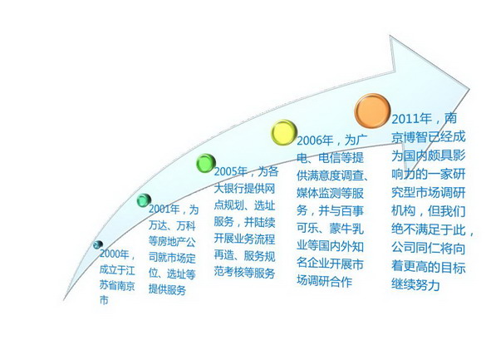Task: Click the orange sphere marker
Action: point(372,111)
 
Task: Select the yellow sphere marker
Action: point(283,132)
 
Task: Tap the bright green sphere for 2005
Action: point(206,163)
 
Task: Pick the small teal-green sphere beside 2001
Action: point(144,200)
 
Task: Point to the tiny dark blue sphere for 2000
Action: point(98,244)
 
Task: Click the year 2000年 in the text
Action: point(115,254)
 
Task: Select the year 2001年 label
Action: point(164,209)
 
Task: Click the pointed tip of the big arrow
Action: point(469,89)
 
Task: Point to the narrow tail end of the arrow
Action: point(64,299)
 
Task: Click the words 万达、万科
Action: point(172,225)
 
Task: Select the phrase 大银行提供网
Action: point(244,189)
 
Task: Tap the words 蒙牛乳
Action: point(346,228)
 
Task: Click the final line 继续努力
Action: point(415,285)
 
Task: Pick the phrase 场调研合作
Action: point(324,281)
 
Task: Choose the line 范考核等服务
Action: point(244,272)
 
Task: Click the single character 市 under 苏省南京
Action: point(104,300)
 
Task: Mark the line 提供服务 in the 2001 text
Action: point(167,289)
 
